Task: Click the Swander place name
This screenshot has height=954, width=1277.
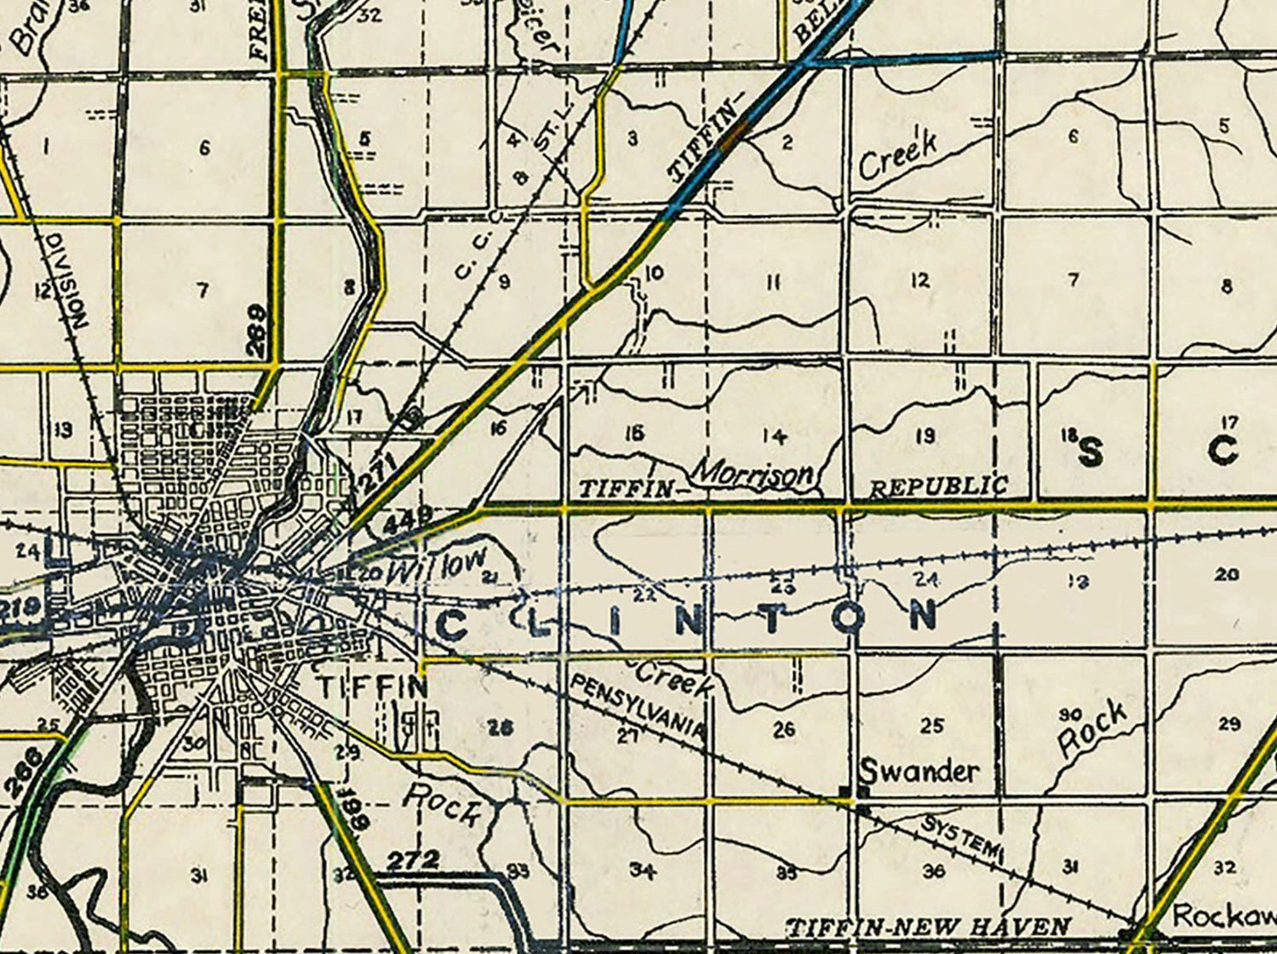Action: point(919,772)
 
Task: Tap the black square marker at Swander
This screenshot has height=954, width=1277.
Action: point(845,793)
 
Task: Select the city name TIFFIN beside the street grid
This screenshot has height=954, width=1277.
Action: point(372,687)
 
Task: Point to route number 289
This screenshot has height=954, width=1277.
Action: point(257,330)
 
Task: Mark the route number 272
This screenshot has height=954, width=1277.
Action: point(413,861)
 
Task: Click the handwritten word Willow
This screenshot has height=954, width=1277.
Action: point(437,566)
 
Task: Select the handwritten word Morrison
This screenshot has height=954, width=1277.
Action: point(753,475)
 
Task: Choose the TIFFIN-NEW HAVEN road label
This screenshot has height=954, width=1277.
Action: point(928,928)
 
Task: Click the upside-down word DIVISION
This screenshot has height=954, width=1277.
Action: point(79,281)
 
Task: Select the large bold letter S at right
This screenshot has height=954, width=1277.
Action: point(1091,452)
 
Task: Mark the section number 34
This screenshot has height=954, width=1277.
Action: point(642,870)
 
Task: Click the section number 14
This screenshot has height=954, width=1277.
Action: point(774,436)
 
